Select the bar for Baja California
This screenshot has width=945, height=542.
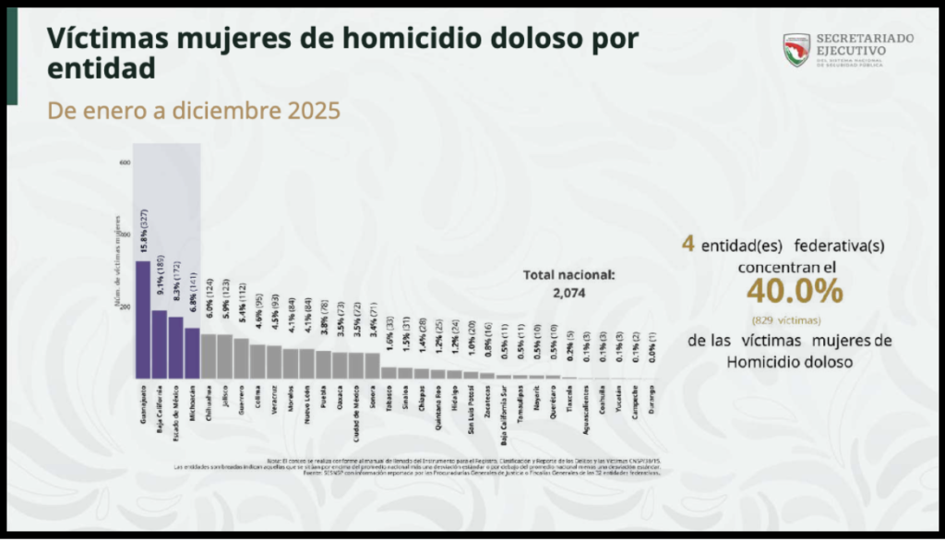tap(159, 343)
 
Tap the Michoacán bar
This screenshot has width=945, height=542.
tap(192, 353)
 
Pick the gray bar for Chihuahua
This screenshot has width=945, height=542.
tap(209, 355)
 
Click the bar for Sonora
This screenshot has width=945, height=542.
tap(372, 365)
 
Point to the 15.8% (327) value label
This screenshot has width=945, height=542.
tap(144, 232)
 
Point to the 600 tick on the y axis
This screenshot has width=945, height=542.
tap(125, 163)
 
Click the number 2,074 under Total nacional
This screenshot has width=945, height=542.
tap(568, 293)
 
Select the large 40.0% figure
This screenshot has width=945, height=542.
tap(795, 292)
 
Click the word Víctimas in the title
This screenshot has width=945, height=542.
tap(102, 38)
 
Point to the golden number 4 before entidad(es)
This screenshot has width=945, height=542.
tap(688, 245)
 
